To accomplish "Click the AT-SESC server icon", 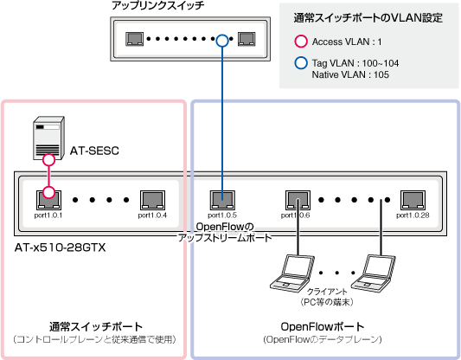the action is [x=48, y=138].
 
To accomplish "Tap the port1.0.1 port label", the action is [x=48, y=215].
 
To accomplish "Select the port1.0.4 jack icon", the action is [x=152, y=200].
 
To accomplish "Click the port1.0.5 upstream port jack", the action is [x=222, y=200].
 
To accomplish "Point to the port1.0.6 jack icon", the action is [x=298, y=200].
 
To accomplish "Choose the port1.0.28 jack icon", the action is [x=413, y=200].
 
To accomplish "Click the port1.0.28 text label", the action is [x=413, y=215].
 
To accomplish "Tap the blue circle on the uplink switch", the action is [x=222, y=41].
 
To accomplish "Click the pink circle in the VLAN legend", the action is [x=301, y=42].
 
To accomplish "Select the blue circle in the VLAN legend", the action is [x=301, y=63].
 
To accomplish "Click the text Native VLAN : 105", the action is [x=350, y=74].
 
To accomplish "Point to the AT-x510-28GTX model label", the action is [x=60, y=247].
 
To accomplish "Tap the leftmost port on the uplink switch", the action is [x=135, y=39].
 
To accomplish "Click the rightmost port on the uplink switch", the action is [x=247, y=39].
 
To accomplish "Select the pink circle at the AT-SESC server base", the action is [x=48, y=160].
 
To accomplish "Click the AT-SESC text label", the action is [x=94, y=151].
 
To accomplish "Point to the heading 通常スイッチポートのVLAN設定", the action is [x=368, y=18].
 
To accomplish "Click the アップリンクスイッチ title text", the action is [x=158, y=5].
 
